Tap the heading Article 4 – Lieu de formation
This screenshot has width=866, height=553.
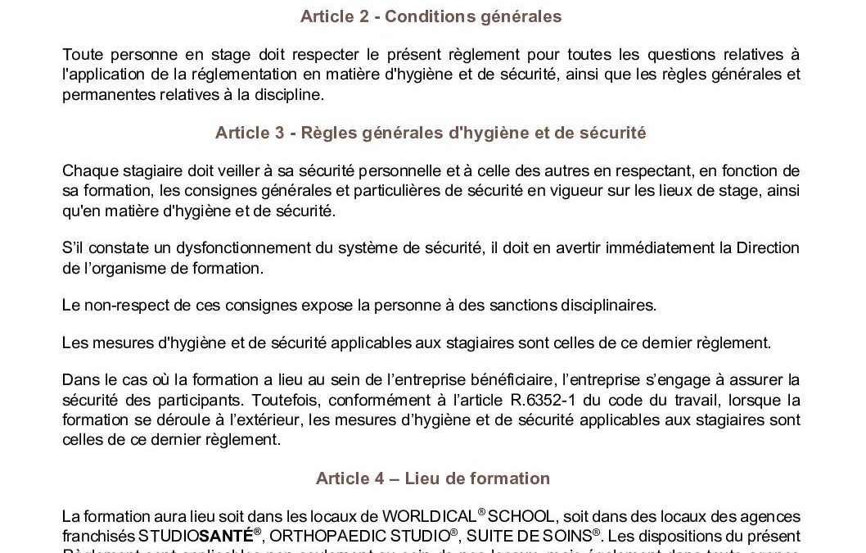pos(432,478)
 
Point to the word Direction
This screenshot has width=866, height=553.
pos(769,248)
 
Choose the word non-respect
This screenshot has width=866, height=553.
pos(119,305)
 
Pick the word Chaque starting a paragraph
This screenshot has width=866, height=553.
pos(86,170)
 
